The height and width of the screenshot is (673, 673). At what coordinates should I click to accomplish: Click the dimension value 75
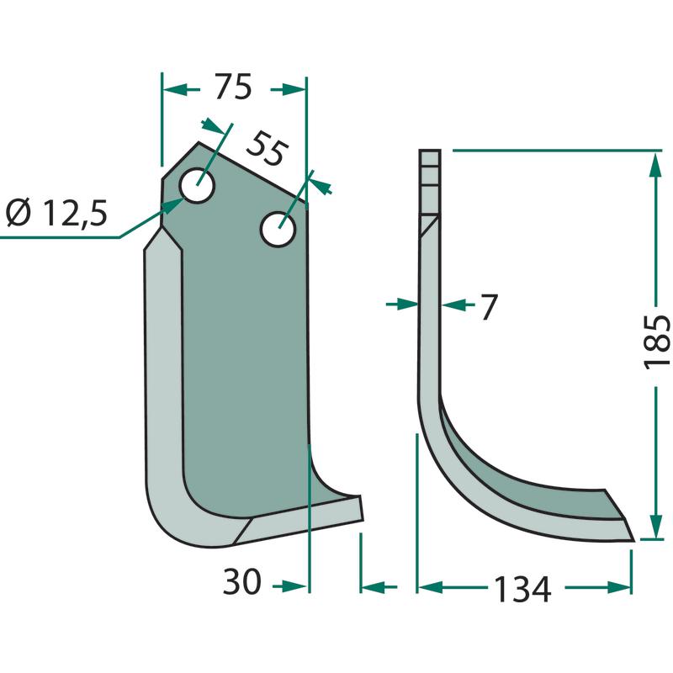click(x=233, y=87)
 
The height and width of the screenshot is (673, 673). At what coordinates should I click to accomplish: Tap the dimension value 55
click(x=266, y=148)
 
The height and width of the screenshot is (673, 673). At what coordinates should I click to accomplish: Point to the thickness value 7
click(x=489, y=307)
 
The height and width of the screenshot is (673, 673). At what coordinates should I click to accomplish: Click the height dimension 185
click(x=657, y=342)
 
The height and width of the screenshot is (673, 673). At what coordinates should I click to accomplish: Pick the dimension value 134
click(x=522, y=589)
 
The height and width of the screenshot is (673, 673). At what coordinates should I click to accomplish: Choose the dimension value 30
click(x=241, y=581)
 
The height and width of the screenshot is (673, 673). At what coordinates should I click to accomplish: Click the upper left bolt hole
click(x=198, y=185)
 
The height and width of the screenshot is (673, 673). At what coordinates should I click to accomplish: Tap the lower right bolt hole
click(x=278, y=229)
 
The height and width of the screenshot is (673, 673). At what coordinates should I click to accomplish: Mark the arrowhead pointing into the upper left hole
click(x=172, y=206)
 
